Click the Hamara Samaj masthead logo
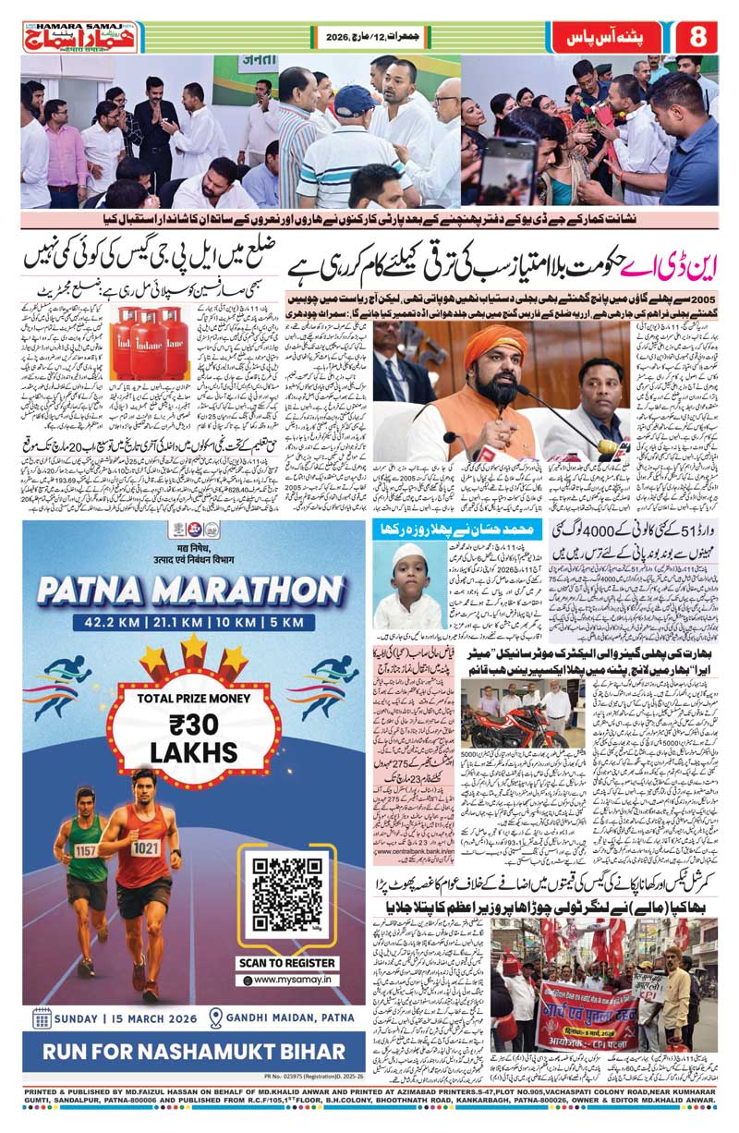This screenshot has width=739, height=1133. (80, 37)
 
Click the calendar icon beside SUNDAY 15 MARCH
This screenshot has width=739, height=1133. (42, 1018)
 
